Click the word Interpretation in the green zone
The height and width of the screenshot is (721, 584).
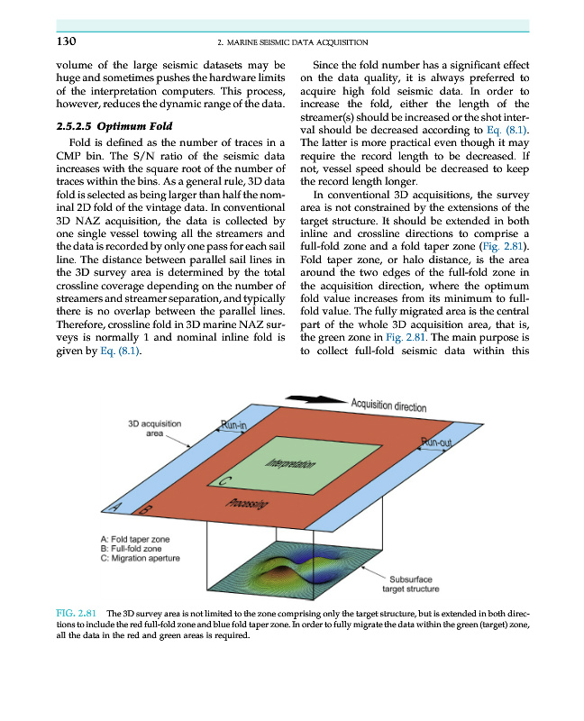coord(290,465)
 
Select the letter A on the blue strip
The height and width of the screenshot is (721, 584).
coord(115,510)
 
